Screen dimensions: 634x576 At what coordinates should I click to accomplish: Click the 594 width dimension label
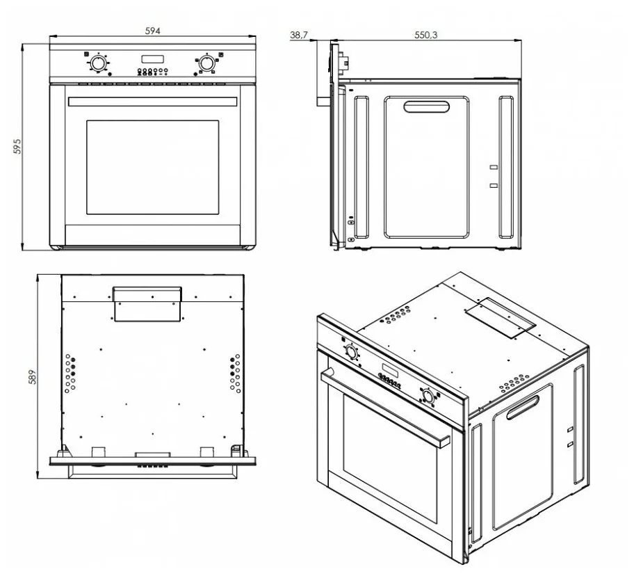tap(153, 31)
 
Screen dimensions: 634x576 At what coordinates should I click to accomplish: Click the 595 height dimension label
tap(17, 146)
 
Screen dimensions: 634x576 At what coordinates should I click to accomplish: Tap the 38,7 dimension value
tap(299, 35)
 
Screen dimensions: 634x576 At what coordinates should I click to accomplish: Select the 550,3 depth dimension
tap(425, 35)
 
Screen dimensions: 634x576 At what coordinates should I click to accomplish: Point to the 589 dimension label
tap(33, 377)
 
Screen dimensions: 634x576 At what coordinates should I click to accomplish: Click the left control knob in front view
tap(97, 63)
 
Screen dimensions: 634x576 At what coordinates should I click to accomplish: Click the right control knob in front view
tap(206, 63)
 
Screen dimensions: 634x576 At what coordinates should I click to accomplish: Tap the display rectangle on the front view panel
tap(152, 59)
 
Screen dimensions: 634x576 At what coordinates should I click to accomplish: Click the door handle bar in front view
tap(153, 102)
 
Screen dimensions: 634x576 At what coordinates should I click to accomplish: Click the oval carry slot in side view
tap(427, 107)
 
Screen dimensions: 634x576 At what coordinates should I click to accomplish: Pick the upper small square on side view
tap(494, 167)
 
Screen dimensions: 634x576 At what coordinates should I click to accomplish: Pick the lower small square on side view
tap(494, 186)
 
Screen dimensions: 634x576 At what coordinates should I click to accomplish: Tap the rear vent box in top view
tap(147, 304)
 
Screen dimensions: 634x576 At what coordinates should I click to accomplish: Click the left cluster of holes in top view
tap(70, 374)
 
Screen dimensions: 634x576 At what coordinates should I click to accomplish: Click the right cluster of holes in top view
tap(236, 374)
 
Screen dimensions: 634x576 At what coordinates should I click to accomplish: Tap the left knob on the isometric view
tap(351, 351)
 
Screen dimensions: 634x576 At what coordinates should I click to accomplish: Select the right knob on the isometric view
tap(428, 395)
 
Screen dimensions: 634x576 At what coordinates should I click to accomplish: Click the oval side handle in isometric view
tap(523, 408)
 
